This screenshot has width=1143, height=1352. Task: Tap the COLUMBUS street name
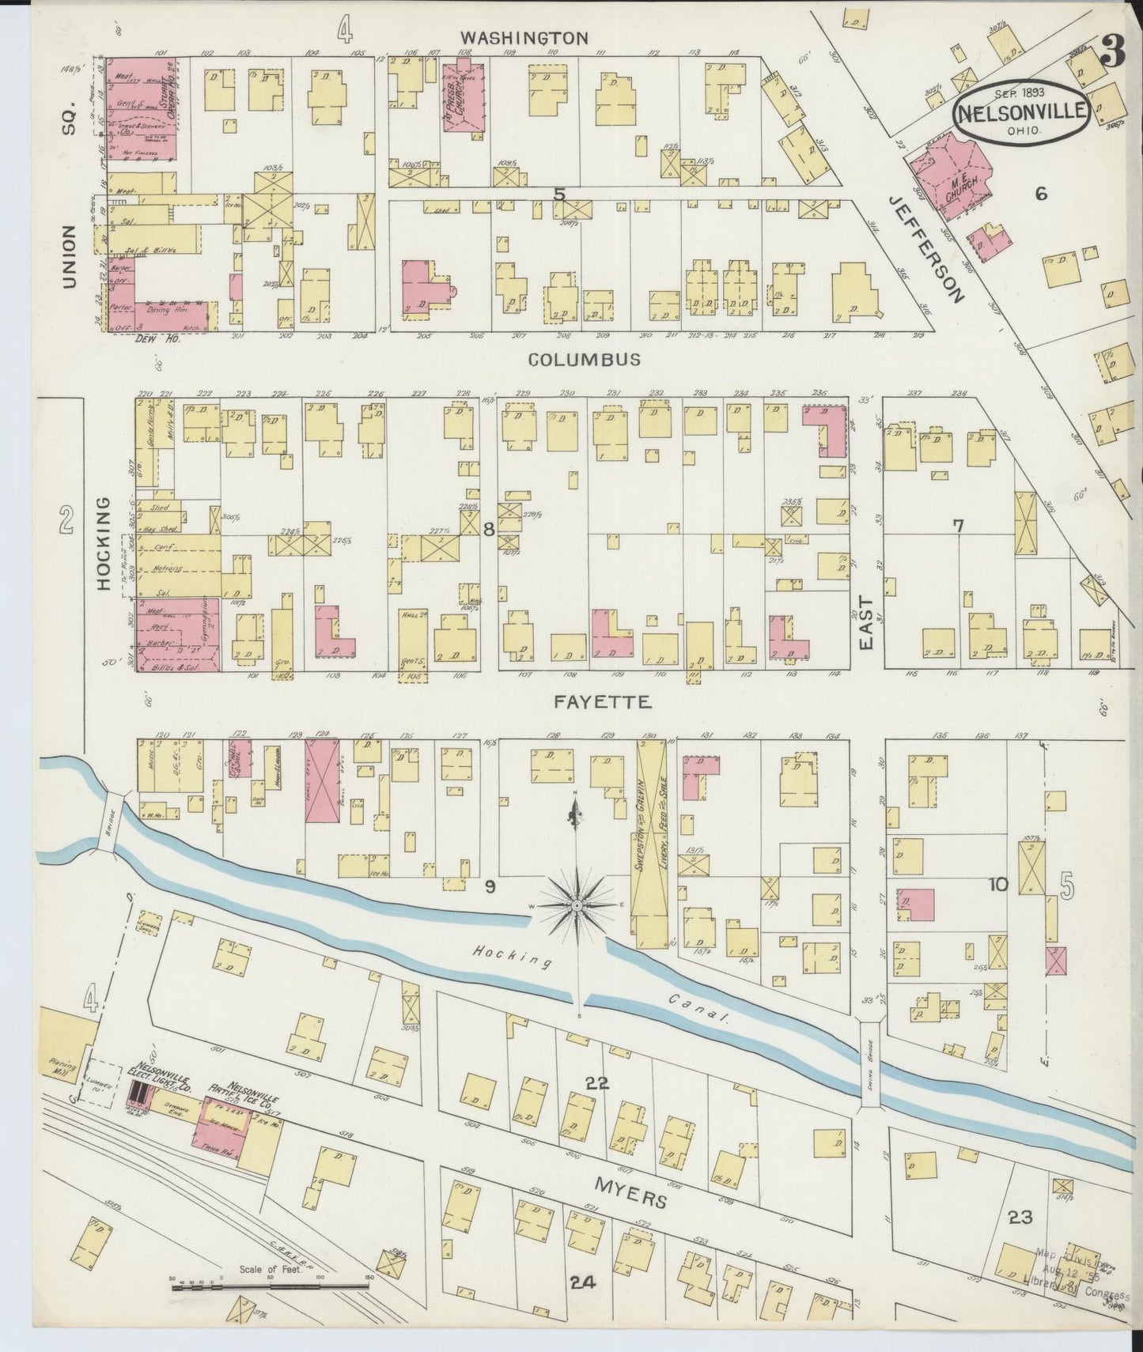click(584, 360)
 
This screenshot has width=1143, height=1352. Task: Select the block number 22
click(596, 1083)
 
